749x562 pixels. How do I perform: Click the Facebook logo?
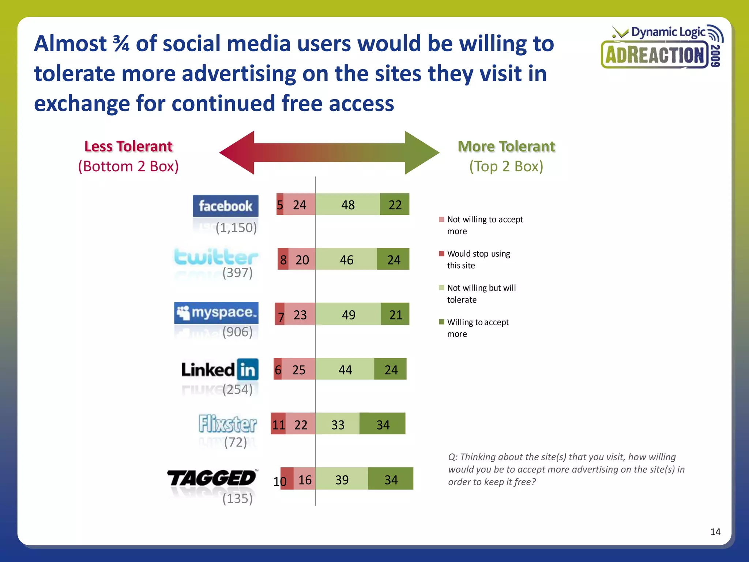225,206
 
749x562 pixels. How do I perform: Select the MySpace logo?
216,313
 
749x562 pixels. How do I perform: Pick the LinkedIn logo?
220,370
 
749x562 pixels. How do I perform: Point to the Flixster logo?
227,424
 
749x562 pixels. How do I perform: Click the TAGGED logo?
212,478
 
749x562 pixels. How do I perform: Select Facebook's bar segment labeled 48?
347,205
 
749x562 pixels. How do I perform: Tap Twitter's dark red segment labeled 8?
283,259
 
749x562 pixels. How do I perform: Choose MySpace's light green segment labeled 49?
348,314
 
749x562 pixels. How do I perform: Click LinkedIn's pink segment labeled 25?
298,369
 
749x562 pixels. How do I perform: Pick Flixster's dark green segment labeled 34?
383,424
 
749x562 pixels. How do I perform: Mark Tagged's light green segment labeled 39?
342,479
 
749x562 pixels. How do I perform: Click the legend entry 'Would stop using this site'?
478,259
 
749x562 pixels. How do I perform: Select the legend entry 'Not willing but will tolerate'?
481,293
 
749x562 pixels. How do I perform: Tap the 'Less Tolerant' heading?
128,146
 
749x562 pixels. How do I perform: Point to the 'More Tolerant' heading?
506,146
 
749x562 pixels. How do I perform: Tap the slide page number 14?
715,532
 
